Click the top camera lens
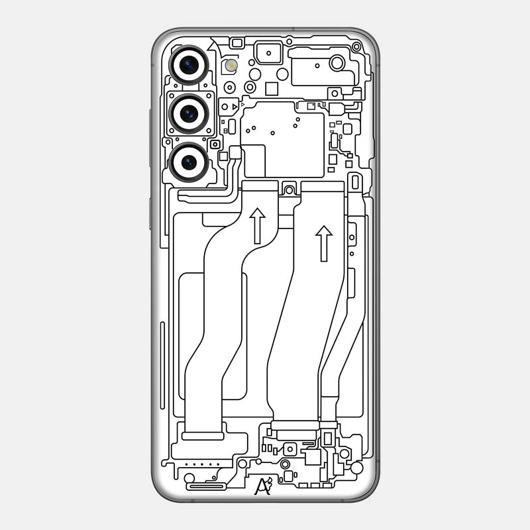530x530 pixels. pyautogui.click(x=189, y=65)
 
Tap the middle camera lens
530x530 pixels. pyautogui.click(x=189, y=113)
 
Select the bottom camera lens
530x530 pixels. pyautogui.click(x=189, y=162)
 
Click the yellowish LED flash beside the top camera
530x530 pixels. pyautogui.click(x=231, y=65)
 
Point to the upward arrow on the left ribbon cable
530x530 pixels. pyautogui.click(x=257, y=225)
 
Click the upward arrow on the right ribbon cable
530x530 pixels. pyautogui.click(x=324, y=243)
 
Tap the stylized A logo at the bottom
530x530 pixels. pyautogui.click(x=263, y=486)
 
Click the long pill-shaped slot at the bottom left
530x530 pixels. pyautogui.click(x=207, y=487)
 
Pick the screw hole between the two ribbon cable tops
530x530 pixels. pyautogui.click(x=289, y=190)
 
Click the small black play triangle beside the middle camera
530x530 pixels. pyautogui.click(x=235, y=106)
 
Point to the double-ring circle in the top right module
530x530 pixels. pyautogui.click(x=337, y=63)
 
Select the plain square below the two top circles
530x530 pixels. pyautogui.click(x=271, y=89)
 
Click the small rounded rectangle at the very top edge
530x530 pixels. pyautogui.click(x=237, y=42)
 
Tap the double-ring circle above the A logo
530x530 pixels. pyautogui.click(x=286, y=464)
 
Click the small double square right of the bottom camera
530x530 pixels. pyautogui.click(x=215, y=144)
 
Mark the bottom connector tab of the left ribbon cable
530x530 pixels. pyautogui.click(x=202, y=436)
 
